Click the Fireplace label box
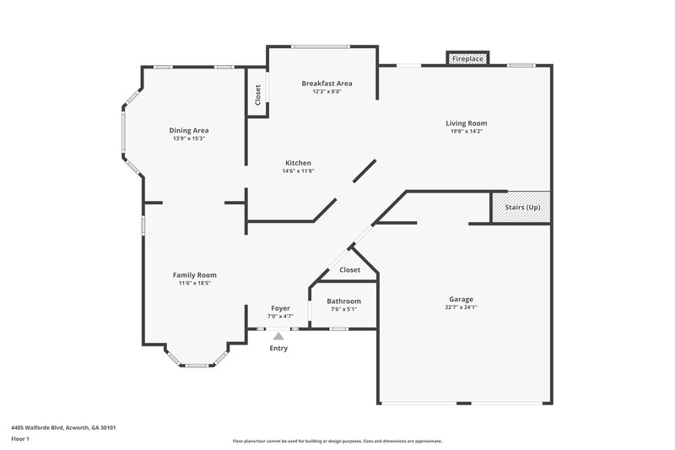[x=467, y=59]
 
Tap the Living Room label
[x=467, y=123]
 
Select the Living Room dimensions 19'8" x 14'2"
[x=467, y=132]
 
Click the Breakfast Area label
[x=327, y=84]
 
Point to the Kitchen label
[x=298, y=163]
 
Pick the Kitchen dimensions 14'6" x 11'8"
[x=298, y=171]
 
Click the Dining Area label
[x=189, y=130]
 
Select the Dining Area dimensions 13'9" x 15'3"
[x=189, y=138]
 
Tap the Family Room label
[x=195, y=275]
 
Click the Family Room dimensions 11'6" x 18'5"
[x=195, y=284]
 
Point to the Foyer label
[x=280, y=308]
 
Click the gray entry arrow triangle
[x=278, y=335]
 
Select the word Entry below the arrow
[x=278, y=348]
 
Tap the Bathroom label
[x=343, y=301]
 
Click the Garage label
[x=461, y=299]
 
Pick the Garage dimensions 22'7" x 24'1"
[x=461, y=307]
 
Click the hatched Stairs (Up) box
[x=521, y=208]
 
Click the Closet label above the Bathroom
[x=349, y=270]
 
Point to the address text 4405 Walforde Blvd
[x=63, y=427]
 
